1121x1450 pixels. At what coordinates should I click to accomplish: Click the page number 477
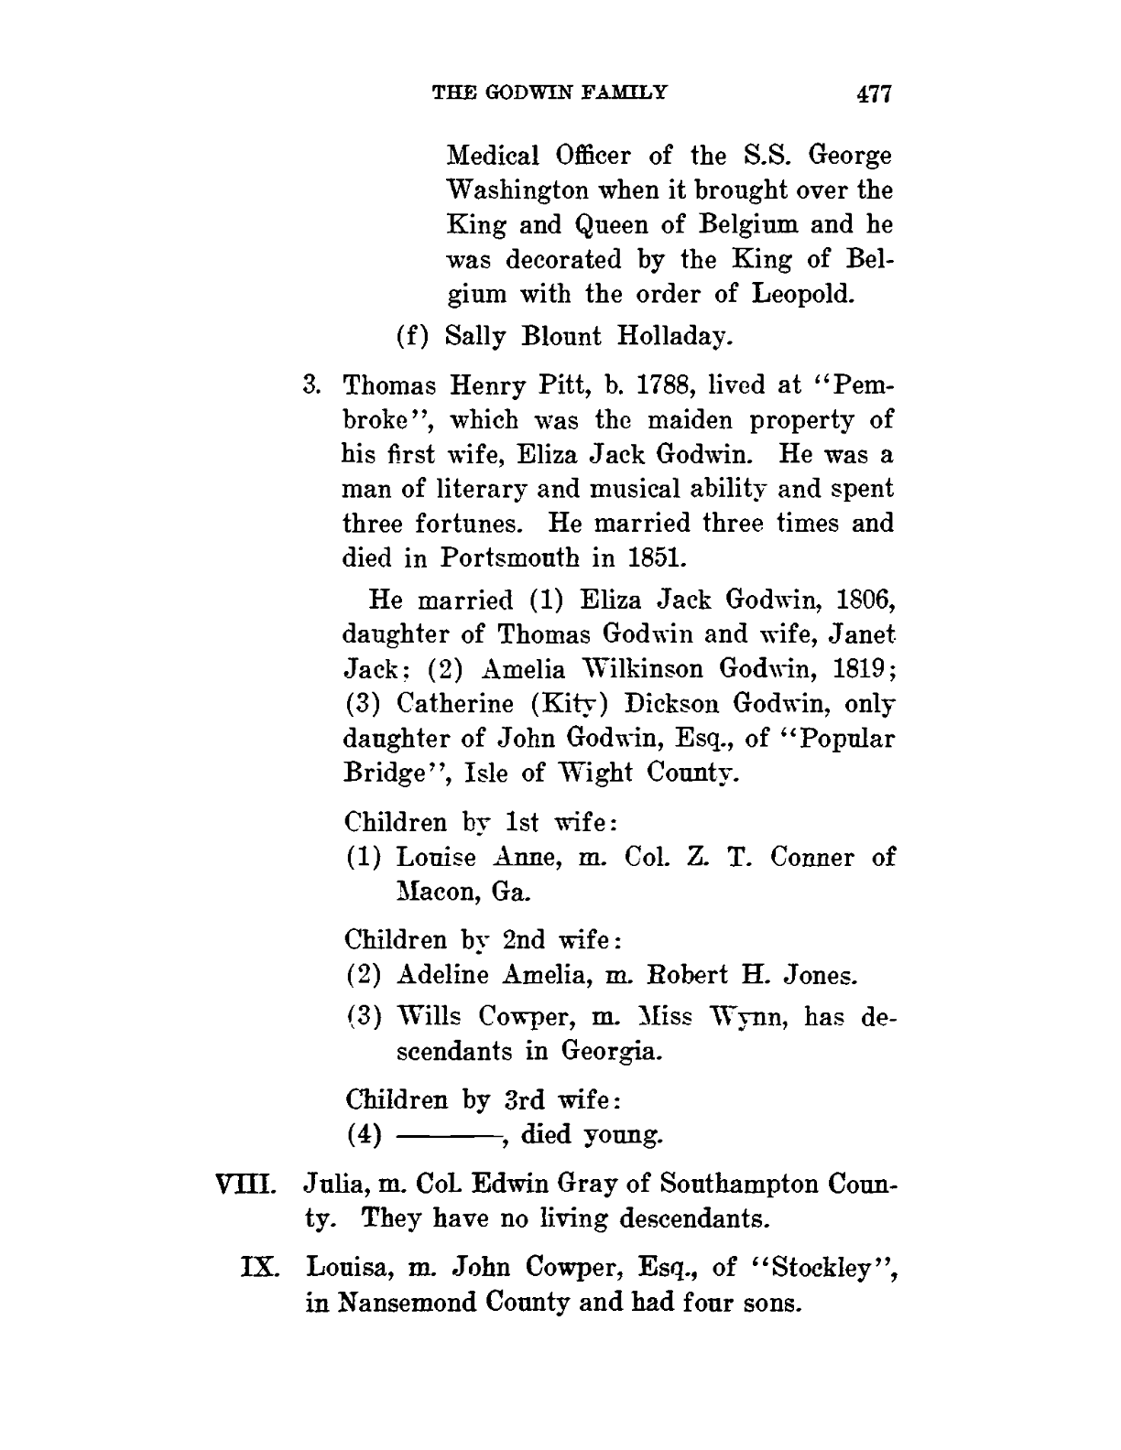click(873, 93)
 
